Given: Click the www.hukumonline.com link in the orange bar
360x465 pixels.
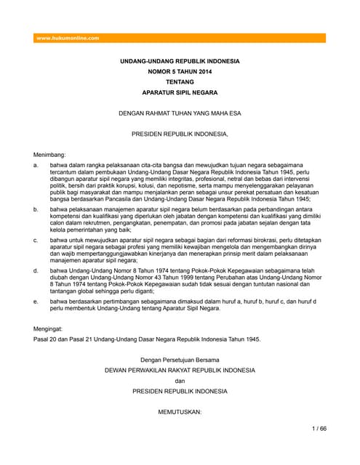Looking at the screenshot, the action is pos(68,38).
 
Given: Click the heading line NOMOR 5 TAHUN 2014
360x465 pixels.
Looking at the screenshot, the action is pos(179,73).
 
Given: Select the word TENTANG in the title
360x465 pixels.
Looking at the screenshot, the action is pos(179,84).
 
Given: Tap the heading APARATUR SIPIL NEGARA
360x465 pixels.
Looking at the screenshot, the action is pos(179,94).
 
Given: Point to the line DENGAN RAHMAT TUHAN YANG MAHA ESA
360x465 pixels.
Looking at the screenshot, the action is pos(179,114).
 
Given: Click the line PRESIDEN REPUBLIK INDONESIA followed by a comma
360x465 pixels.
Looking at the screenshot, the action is pos(179,134).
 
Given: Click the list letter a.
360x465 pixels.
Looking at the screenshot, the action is pos(36,166).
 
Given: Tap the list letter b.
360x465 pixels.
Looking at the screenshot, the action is pos(36,208).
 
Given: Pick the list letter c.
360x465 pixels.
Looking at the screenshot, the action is pos(36,238).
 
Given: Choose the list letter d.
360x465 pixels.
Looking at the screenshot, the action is pos(36,270).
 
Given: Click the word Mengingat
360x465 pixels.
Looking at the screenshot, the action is pos(50,328).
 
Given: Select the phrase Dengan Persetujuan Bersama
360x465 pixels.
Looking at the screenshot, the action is pos(179,360).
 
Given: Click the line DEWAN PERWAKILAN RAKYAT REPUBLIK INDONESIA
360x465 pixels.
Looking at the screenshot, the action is pos(179,370).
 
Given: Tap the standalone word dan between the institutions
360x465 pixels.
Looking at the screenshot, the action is pos(179,380).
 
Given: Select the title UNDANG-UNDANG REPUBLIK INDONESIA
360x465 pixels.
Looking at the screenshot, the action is pos(179,62).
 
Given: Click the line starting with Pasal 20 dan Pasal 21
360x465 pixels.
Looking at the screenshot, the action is pos(148,339).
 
